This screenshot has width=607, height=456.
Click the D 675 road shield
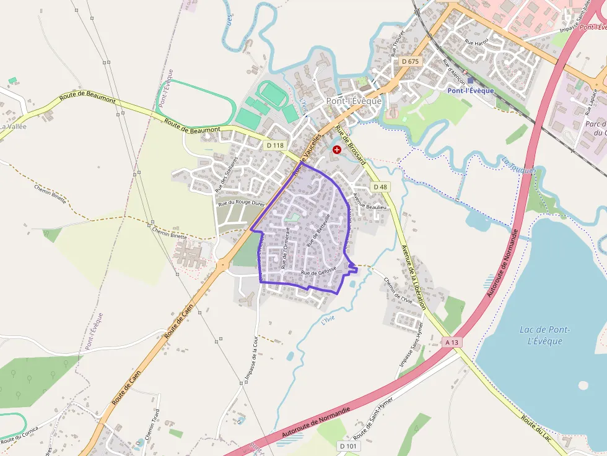(x=410, y=61)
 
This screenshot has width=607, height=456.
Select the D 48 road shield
(x=380, y=187)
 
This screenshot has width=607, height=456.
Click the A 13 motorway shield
(x=453, y=342)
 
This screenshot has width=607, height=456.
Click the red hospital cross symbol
(x=337, y=150)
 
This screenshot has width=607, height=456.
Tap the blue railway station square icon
(x=470, y=80)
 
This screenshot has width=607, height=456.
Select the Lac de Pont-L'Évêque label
(x=545, y=335)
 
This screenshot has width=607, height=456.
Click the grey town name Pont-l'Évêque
(x=354, y=101)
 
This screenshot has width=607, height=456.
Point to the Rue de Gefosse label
(x=318, y=272)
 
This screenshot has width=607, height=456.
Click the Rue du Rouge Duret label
(x=241, y=202)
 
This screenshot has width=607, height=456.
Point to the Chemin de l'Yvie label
(x=398, y=288)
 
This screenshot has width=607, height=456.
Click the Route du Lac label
(x=536, y=428)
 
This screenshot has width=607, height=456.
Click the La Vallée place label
(x=12, y=126)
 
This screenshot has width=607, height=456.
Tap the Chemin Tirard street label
(x=152, y=423)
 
